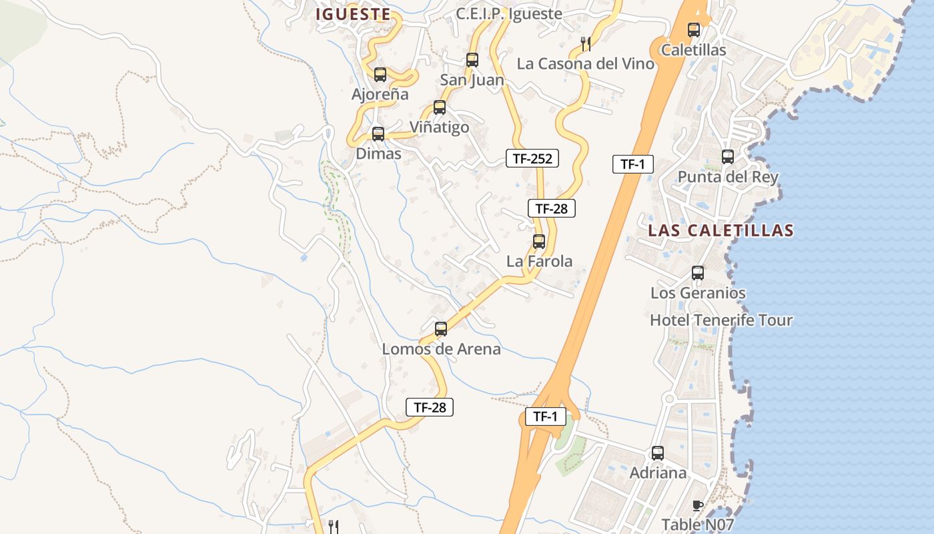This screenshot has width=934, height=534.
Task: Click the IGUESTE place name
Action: [x=353, y=14]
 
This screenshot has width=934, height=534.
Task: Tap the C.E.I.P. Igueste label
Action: [x=508, y=13]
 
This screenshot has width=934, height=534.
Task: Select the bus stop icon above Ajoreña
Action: [x=380, y=75]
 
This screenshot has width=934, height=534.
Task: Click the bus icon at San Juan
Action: [x=472, y=60]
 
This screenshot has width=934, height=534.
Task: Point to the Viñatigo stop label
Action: [x=439, y=127]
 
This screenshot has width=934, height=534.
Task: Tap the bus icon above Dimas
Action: [x=378, y=134]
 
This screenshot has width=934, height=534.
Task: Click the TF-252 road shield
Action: [x=532, y=158]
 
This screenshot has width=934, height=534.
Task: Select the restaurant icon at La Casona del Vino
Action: [x=586, y=44]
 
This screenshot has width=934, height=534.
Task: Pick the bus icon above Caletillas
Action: [x=694, y=30]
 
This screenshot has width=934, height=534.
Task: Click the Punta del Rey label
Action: [x=728, y=177]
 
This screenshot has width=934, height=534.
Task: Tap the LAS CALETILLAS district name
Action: [x=721, y=231]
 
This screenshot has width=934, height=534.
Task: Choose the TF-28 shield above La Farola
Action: [x=551, y=208]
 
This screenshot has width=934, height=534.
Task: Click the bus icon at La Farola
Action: [x=539, y=242]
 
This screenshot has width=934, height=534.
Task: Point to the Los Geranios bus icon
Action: [x=698, y=273]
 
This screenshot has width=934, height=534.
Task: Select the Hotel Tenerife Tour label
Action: [x=721, y=320]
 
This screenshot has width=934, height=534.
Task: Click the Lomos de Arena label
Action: [x=441, y=349]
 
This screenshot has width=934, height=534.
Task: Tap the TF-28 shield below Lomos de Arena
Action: [x=430, y=407]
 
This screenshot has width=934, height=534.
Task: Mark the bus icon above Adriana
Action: [x=658, y=453]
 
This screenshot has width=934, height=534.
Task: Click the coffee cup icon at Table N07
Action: [x=698, y=505]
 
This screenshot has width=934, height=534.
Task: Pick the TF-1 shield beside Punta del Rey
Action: [x=632, y=164]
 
